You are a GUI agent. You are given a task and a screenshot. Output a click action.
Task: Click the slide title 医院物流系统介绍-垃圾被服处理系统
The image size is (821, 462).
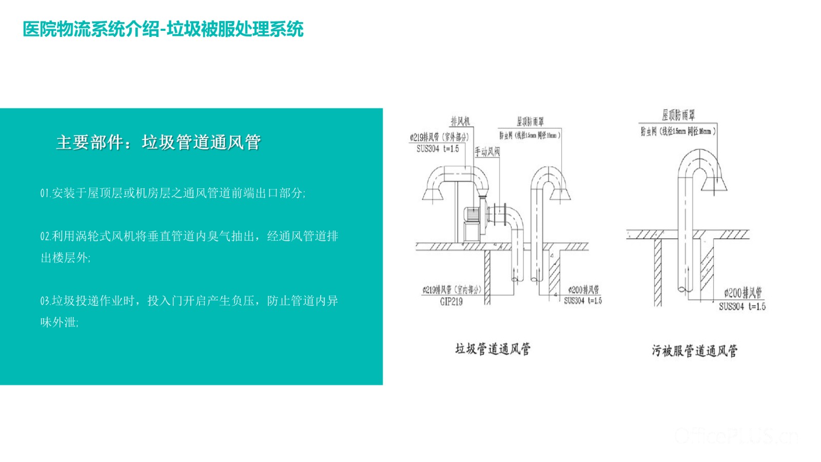pos(163,29)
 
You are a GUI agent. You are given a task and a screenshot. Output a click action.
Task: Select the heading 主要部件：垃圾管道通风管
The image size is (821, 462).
pos(158,142)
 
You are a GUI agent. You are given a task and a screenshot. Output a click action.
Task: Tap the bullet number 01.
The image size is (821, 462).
pos(45,194)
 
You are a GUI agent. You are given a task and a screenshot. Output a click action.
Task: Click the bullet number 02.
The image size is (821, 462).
pos(45,237)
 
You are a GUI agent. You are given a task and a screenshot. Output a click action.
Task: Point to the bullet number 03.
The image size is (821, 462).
pos(45,301)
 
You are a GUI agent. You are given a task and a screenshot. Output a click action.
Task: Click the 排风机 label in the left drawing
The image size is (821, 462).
pos(460,122)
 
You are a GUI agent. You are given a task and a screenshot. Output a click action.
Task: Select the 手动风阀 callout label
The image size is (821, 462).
pos(486,151)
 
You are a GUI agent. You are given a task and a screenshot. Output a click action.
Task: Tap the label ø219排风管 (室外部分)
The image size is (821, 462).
pos(439,138)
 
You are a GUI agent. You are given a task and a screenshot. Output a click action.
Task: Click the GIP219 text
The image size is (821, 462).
pos(451,302)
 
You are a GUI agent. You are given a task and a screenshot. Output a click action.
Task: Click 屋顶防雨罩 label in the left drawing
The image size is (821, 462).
pos(530,122)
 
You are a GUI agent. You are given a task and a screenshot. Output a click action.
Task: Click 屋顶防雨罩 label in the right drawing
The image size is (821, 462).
pos(678,115)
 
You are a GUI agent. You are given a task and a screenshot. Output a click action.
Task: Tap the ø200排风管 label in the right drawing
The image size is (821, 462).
pos(743,293)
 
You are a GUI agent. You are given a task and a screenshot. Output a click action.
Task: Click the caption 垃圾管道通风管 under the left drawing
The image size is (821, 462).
pos(493,350)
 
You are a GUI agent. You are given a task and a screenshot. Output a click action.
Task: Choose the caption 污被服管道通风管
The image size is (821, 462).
pos(695,351)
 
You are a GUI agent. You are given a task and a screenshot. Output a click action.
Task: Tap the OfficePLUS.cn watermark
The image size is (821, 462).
pos(737,436)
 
